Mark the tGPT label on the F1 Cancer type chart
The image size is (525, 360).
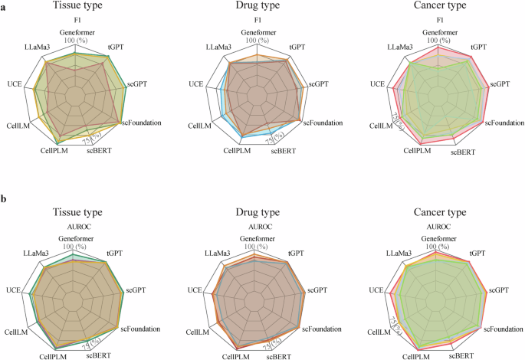(x=479, y=47)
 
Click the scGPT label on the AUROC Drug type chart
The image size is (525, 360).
(x=317, y=290)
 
